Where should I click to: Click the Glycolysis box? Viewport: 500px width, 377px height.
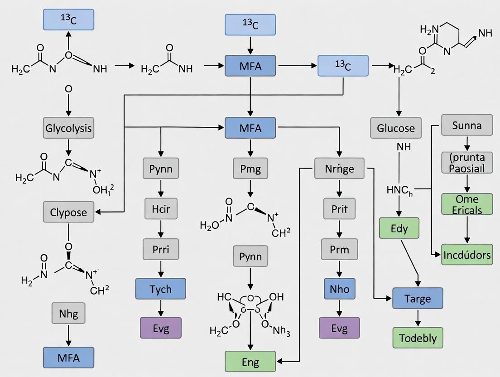(68, 128)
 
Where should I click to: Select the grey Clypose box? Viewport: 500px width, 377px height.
(68, 212)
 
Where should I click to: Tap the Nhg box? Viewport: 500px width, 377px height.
(68, 313)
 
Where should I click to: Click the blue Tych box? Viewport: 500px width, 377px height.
(160, 289)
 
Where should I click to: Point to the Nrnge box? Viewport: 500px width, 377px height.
(339, 169)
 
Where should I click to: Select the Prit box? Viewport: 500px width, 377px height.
(339, 208)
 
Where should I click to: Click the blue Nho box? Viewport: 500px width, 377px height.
(339, 289)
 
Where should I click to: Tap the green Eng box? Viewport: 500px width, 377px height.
(250, 361)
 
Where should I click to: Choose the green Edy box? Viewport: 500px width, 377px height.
(399, 228)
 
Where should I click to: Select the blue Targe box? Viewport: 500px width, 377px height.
(418, 299)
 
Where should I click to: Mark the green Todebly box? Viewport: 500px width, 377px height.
(418, 338)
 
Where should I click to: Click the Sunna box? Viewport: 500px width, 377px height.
(467, 125)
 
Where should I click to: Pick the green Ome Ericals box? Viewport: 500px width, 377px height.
(467, 204)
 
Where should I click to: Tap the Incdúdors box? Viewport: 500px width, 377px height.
(467, 255)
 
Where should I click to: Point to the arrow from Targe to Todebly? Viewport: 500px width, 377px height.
(418, 319)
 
